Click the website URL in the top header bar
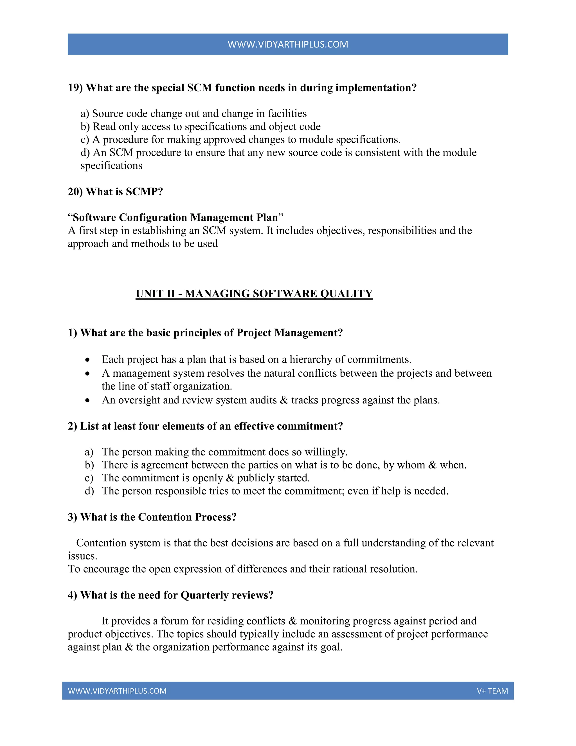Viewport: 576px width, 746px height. point(288,44)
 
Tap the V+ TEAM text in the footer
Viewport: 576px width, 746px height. point(492,691)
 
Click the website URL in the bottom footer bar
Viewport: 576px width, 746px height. point(117,691)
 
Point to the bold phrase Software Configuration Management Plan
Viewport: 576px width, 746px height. point(175,218)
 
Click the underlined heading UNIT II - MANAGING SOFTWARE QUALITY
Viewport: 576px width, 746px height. point(254,294)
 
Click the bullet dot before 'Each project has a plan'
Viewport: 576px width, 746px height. point(88,360)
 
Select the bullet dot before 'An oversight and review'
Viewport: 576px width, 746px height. point(88,400)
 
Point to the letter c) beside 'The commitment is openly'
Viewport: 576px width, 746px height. point(89,478)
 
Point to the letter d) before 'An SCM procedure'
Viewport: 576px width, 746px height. point(85,152)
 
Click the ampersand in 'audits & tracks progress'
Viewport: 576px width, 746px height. point(284,400)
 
